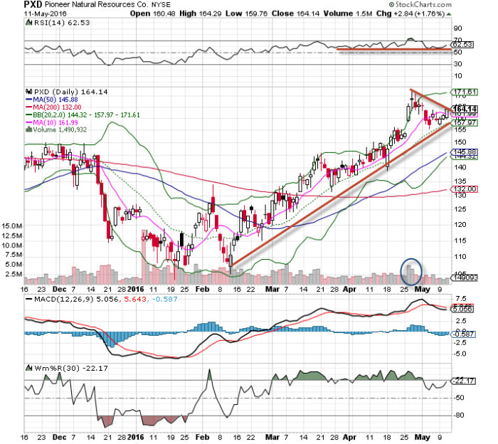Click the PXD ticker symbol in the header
(x=33, y=5)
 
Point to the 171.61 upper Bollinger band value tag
(x=466, y=92)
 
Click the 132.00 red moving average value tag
(x=466, y=189)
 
